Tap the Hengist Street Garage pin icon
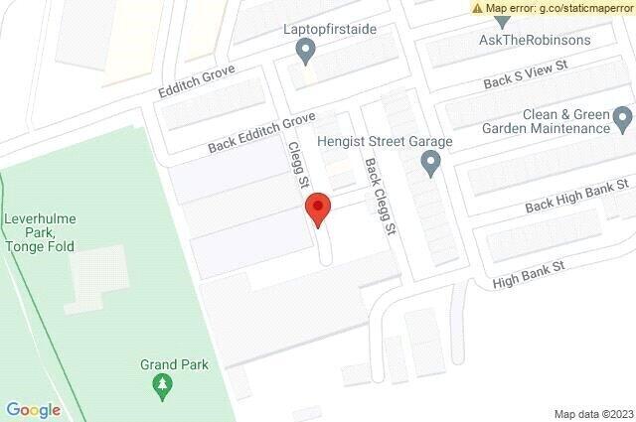[x=430, y=164]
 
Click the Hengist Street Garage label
[x=385, y=141]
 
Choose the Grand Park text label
[x=174, y=364]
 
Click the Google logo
[x=34, y=410]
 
